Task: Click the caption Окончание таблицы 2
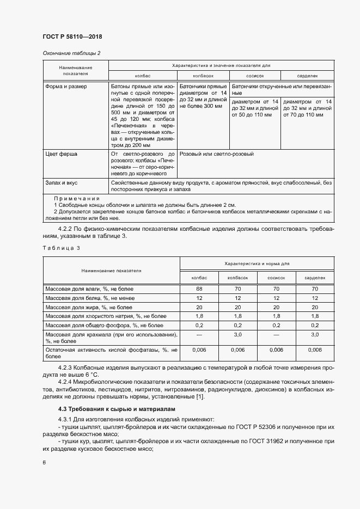click(71, 53)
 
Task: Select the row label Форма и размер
click(66, 87)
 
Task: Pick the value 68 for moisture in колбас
click(199, 288)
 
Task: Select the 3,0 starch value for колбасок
click(237, 335)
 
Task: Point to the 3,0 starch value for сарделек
click(315, 335)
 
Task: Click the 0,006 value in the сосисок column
click(276, 350)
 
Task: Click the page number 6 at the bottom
click(44, 462)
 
